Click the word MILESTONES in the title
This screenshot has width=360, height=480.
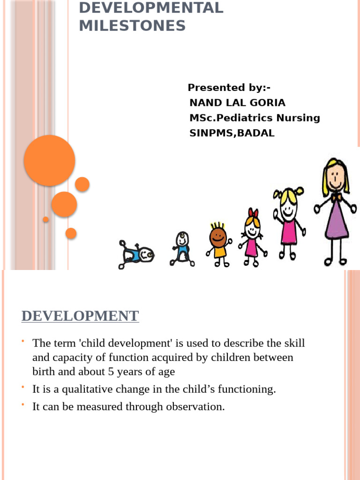point(132,26)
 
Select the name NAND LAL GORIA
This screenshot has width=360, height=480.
point(237,103)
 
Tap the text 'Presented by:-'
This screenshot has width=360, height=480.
point(229,88)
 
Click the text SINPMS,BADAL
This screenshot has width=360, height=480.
point(232,133)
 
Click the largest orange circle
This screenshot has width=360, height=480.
point(49,160)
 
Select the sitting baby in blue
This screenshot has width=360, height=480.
point(181,248)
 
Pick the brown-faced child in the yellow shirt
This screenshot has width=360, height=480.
point(218,244)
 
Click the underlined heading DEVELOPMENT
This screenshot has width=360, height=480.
point(80,315)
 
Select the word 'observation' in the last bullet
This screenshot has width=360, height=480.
point(196,406)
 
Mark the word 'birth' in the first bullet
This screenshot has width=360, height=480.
point(44,372)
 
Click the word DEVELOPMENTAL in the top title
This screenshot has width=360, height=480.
point(151,8)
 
